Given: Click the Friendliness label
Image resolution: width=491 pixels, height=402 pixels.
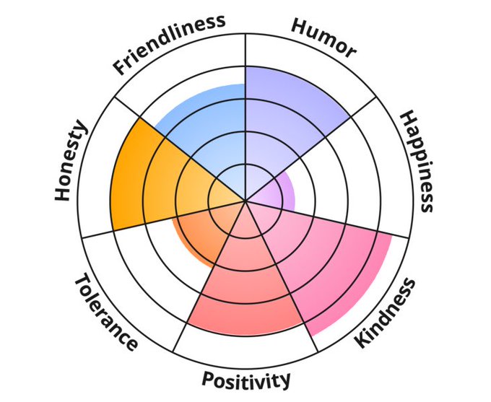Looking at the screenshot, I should [169, 43].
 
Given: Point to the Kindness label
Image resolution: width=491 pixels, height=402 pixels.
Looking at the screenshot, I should [386, 313].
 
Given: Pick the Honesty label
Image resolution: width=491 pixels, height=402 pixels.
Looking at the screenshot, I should [71, 160].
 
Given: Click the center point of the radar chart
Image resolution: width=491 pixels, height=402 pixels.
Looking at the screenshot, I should [245, 201].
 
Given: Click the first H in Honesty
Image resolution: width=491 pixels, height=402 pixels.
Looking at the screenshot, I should [66, 193].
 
